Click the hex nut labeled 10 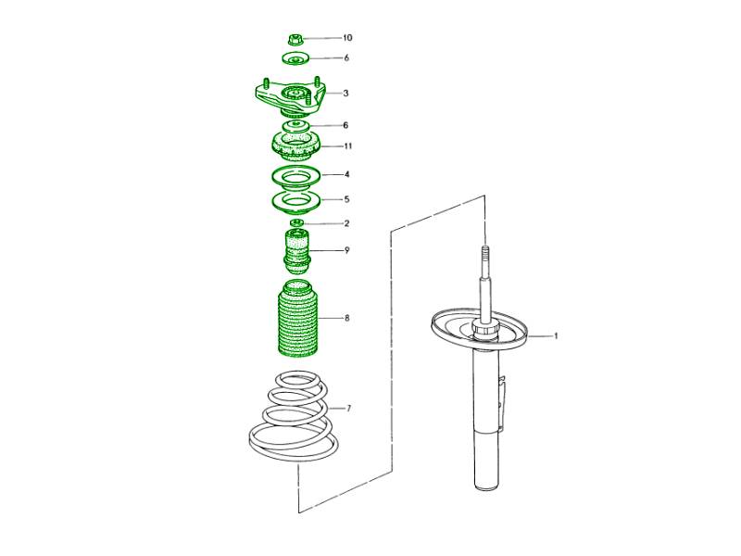[295, 39]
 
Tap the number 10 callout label [347, 38]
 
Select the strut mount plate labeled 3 [290, 98]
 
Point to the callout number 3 [345, 94]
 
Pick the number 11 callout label [348, 145]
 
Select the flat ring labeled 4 [296, 176]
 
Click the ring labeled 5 [296, 201]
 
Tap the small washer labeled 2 [296, 222]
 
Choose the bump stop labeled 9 [296, 251]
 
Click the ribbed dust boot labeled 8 [297, 318]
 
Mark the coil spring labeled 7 [293, 415]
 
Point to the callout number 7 [348, 409]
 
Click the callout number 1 [556, 336]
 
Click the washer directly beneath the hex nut [295, 59]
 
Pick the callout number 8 [346, 318]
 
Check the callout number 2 [346, 223]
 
